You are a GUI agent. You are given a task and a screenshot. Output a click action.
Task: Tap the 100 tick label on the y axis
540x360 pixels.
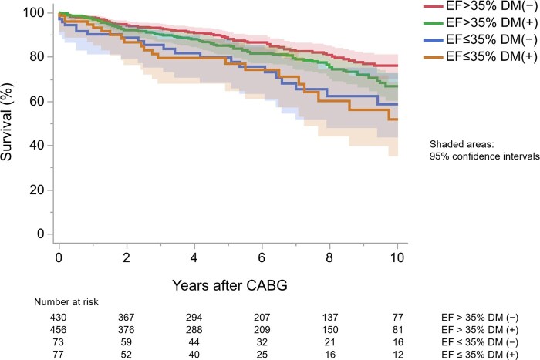[x=36, y=13]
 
